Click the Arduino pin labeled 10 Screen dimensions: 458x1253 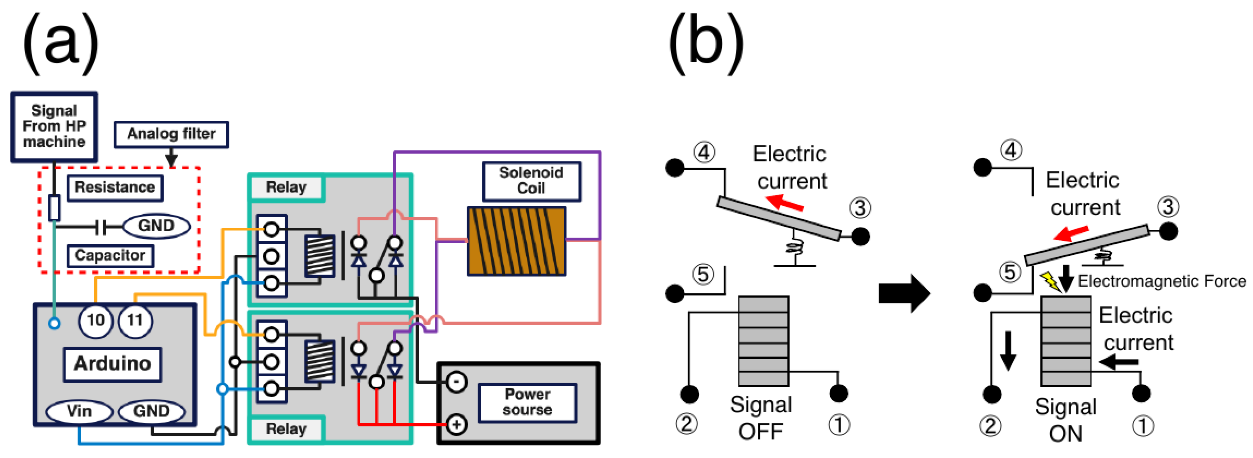coord(95,320)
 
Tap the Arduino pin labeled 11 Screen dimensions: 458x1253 coord(135,320)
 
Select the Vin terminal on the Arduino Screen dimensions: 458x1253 coord(79,411)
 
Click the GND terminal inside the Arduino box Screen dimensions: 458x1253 coord(152,411)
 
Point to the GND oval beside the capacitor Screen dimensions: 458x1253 coord(156,226)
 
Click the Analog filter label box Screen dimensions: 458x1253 coord(171,134)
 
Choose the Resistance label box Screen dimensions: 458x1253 coord(115,187)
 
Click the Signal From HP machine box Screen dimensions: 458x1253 coord(54,126)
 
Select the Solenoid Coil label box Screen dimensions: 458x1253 coord(532,181)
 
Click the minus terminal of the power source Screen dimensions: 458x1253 coord(456,382)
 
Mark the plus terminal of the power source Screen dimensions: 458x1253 coord(456,425)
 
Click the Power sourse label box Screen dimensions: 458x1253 coord(527,402)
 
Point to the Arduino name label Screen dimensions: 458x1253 coord(112,364)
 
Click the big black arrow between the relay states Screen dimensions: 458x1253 coord(904,294)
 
